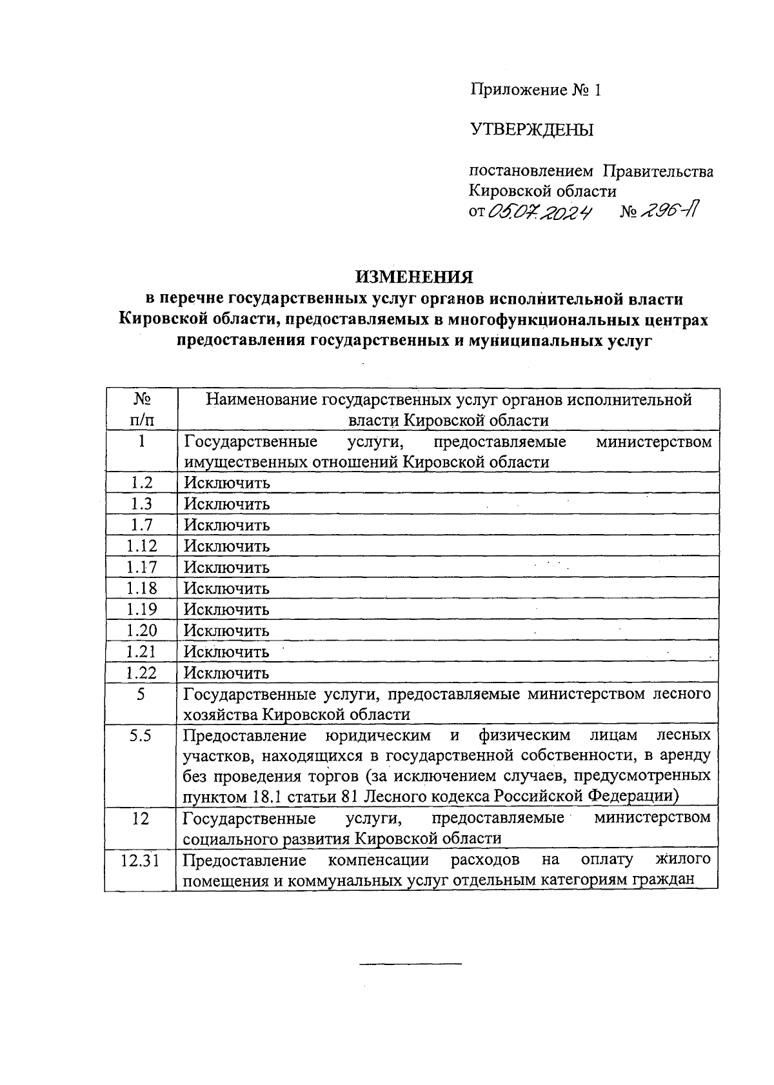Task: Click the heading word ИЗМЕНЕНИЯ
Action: click(x=415, y=277)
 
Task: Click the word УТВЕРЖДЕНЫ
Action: click(x=532, y=130)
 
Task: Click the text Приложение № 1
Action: click(x=535, y=90)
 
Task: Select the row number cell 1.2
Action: click(x=141, y=483)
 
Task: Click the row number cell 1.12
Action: click(x=141, y=546)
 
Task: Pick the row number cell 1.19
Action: click(x=141, y=609)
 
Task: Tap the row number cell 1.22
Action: click(x=141, y=672)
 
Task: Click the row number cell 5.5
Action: click(x=141, y=735)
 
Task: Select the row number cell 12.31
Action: click(x=141, y=860)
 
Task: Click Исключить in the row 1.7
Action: click(x=227, y=525)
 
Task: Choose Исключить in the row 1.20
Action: click(x=227, y=631)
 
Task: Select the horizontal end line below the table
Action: click(x=410, y=964)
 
